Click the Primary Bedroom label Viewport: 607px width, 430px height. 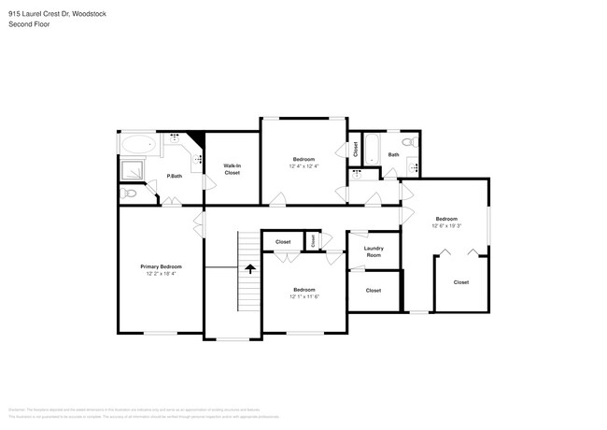pyautogui.click(x=160, y=266)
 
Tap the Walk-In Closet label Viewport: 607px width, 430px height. pyautogui.click(x=232, y=169)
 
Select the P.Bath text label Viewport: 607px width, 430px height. pyautogui.click(x=174, y=177)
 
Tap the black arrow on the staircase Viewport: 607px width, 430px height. pyautogui.click(x=249, y=267)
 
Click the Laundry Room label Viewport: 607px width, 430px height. pyautogui.click(x=374, y=251)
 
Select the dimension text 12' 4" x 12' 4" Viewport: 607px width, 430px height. pyautogui.click(x=303, y=166)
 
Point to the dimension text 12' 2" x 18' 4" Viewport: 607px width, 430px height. pyautogui.click(x=160, y=273)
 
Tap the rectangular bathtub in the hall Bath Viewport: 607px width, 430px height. pyautogui.click(x=371, y=150)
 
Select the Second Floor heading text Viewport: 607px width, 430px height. pyautogui.click(x=28, y=24)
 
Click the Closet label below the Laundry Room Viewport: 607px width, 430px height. pyautogui.click(x=374, y=291)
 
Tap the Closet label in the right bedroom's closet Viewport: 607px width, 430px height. pyautogui.click(x=461, y=281)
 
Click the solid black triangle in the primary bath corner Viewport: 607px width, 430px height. pyautogui.click(x=196, y=139)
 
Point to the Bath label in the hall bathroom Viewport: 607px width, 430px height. pyautogui.click(x=393, y=154)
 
